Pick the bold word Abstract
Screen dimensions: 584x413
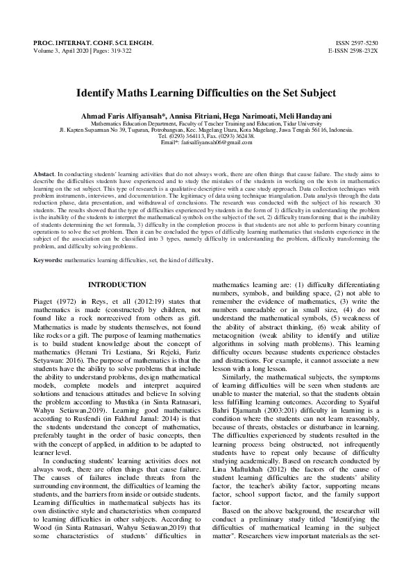click(44, 171)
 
